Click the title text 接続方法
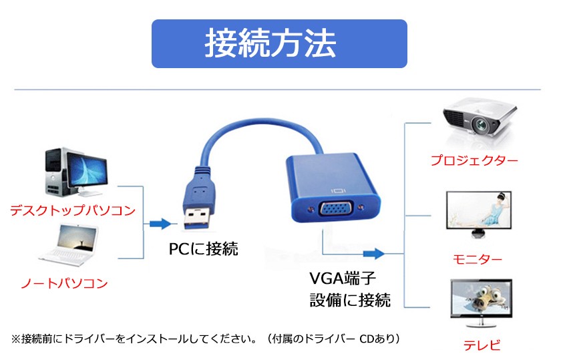tap(270, 43)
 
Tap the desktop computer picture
tap(76, 172)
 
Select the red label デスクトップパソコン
tap(73, 210)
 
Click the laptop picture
tap(69, 246)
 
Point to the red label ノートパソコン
tap(64, 283)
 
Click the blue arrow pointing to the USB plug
tap(160, 224)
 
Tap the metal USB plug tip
tap(196, 218)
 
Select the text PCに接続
tap(203, 248)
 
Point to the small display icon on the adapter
tap(338, 191)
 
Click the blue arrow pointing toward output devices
tap(374, 254)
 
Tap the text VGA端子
tap(343, 278)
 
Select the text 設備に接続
tap(350, 300)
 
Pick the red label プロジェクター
tap(474, 160)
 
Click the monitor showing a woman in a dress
tap(479, 214)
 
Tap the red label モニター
tap(478, 258)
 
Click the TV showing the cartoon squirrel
tap(482, 303)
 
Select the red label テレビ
tap(482, 345)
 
